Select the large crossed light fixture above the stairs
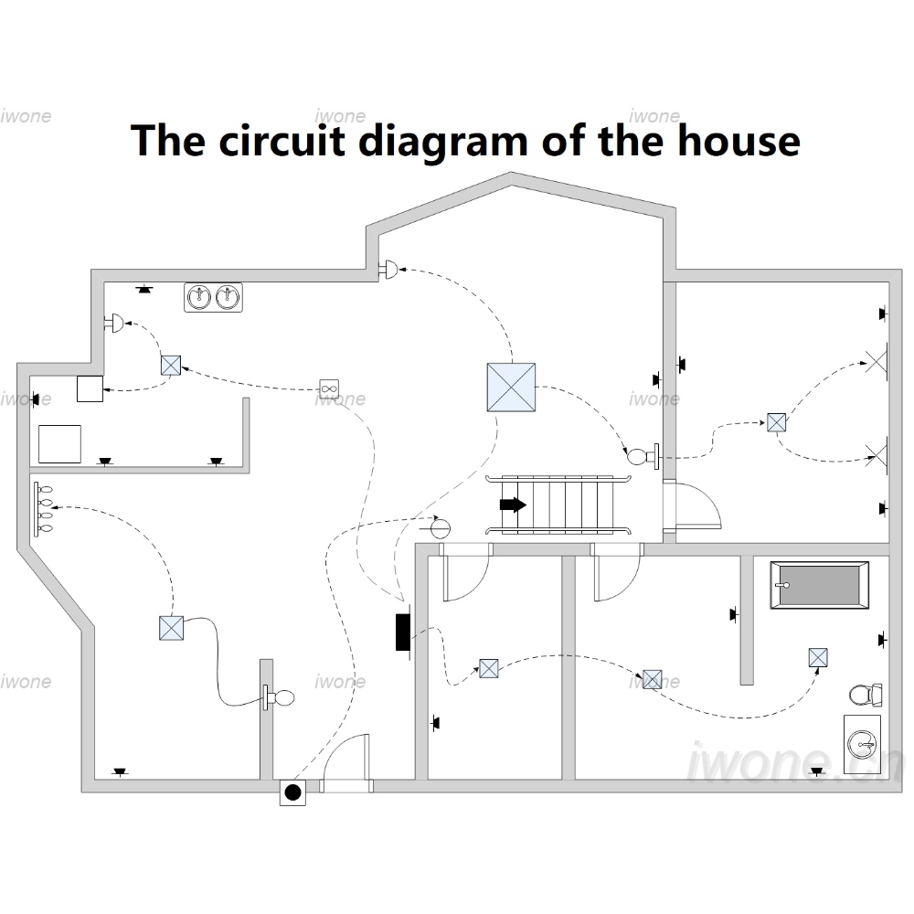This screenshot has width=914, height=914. coord(511,387)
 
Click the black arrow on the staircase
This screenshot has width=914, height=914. coord(513,505)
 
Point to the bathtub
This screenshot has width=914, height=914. coord(820,585)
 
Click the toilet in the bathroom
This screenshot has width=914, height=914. coord(866,695)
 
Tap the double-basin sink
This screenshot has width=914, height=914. coord(213,297)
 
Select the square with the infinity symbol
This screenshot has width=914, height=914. coord(329,388)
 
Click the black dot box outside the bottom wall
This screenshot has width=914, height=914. coord(292,792)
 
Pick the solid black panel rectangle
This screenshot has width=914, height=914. coord(402,632)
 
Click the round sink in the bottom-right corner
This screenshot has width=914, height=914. coord(862,744)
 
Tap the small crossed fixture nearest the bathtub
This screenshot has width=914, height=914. coord(818,657)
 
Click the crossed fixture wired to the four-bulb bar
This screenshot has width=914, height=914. coord(172,629)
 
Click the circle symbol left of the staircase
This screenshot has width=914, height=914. coord(441,528)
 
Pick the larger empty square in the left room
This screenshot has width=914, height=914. coord(59,444)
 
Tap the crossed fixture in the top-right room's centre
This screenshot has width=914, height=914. coord(776,422)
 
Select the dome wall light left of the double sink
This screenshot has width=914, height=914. coord(114,323)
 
